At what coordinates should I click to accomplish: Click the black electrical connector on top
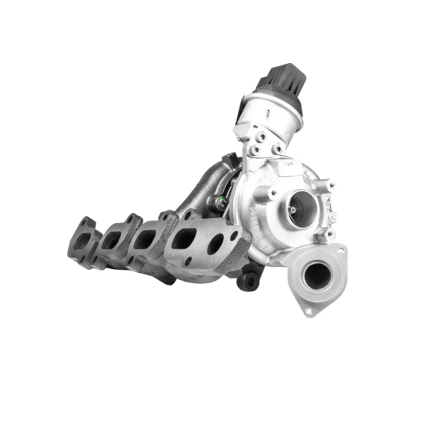tap(279, 79)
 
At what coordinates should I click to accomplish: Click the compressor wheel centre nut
tap(293, 210)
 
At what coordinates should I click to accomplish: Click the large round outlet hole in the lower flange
tap(317, 274)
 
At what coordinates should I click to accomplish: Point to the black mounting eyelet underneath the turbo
tap(249, 281)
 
